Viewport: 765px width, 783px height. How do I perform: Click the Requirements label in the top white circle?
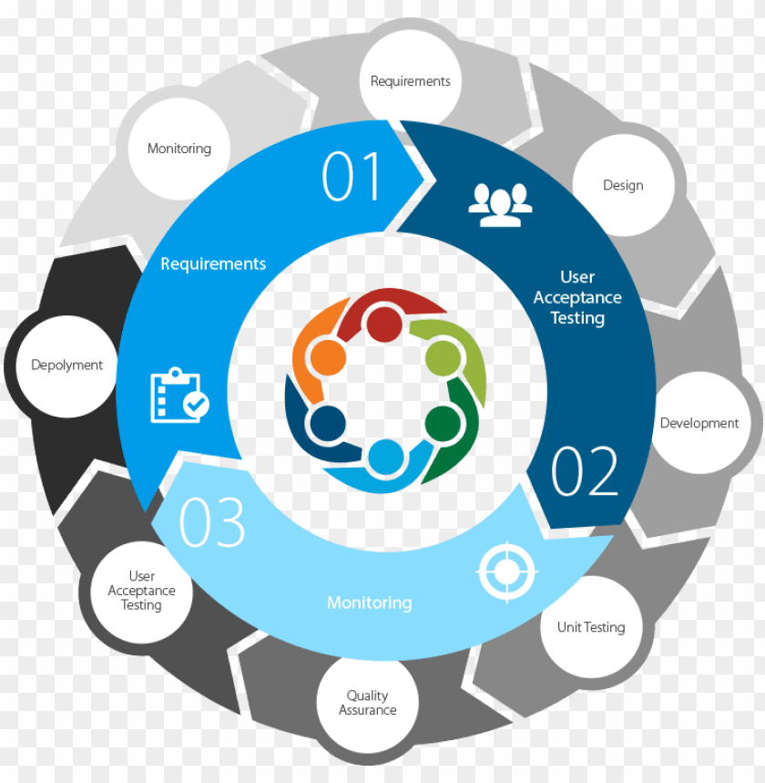(410, 81)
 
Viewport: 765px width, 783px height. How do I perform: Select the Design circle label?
(623, 185)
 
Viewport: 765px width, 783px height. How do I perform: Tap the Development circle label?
(699, 423)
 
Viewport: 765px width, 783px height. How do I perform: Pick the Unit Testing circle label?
(591, 627)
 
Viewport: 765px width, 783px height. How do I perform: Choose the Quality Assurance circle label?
(368, 703)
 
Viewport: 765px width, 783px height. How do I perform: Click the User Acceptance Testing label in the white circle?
(141, 591)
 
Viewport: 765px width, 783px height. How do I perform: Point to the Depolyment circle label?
(67, 365)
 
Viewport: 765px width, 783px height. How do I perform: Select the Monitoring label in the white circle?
(179, 149)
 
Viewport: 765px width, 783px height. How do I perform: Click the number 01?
(352, 177)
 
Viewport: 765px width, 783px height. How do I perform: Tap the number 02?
(585, 471)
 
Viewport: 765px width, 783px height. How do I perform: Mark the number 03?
(212, 522)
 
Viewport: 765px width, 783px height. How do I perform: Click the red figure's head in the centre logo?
(384, 325)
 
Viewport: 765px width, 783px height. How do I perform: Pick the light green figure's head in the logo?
(444, 356)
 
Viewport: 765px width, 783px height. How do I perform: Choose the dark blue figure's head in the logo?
(327, 423)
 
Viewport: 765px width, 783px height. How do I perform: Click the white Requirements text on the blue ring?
(213, 263)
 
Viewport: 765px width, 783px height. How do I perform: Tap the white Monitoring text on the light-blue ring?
(369, 603)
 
